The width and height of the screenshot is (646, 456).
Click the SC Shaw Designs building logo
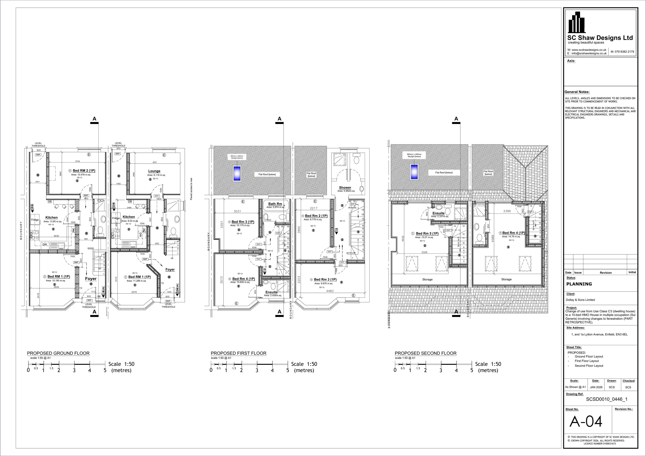pyautogui.click(x=577, y=23)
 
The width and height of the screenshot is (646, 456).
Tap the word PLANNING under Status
pyautogui.click(x=579, y=284)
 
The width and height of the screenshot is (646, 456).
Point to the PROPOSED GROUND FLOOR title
pyautogui.click(x=58, y=353)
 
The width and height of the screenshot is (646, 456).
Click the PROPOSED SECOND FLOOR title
pyautogui.click(x=425, y=353)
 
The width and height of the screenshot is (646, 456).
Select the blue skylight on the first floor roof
pyautogui.click(x=237, y=173)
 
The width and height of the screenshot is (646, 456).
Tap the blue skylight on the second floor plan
pyautogui.click(x=414, y=172)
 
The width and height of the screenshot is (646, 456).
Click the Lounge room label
pyautogui.click(x=154, y=171)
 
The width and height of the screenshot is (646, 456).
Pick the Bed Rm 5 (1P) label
pyautogui.click(x=427, y=233)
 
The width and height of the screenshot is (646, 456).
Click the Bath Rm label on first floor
pyautogui.click(x=275, y=204)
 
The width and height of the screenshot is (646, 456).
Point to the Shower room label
pyautogui.click(x=345, y=187)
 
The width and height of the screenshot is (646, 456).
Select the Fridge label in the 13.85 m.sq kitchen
pyautogui.click(x=35, y=220)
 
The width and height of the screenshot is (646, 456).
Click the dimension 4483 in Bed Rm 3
pyautogui.click(x=330, y=291)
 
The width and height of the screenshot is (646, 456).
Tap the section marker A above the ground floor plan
pyautogui.click(x=94, y=119)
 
